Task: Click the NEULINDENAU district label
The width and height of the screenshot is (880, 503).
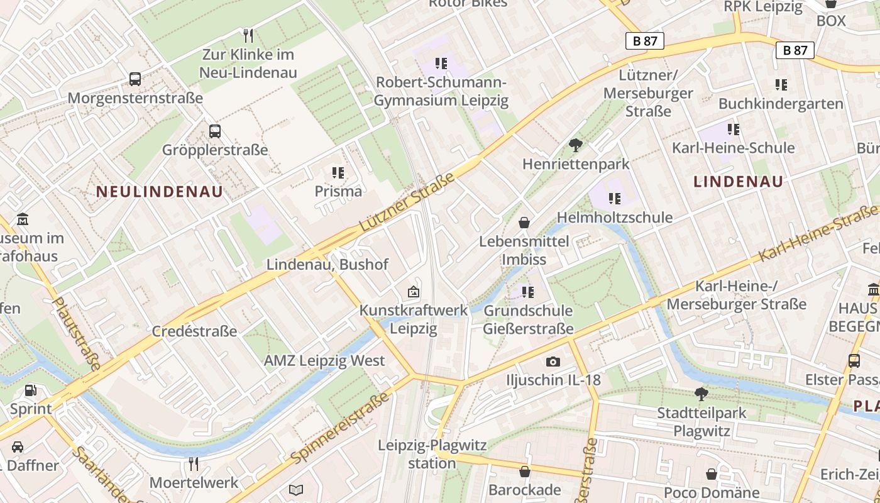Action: pos(160,192)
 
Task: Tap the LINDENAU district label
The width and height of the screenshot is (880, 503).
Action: pos(739,182)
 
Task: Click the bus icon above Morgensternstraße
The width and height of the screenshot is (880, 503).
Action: pos(135,79)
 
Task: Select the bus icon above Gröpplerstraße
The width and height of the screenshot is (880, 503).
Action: pos(215,131)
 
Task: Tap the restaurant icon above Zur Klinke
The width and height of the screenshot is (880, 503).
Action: pos(248,35)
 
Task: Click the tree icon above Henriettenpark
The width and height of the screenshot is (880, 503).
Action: pos(575,146)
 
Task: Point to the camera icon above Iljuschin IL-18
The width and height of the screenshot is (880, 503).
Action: pos(553,362)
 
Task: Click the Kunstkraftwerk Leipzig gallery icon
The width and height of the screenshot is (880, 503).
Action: pos(414,292)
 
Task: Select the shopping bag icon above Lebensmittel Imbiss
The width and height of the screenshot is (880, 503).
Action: pos(524,223)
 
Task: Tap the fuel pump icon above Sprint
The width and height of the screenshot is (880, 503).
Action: pos(30,390)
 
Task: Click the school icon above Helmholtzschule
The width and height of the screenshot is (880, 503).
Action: pos(614,199)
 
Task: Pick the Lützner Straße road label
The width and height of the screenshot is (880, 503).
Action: pos(407,203)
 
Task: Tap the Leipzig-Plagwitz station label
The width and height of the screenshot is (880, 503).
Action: pos(432,454)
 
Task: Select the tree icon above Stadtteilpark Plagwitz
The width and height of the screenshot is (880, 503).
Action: pos(701,394)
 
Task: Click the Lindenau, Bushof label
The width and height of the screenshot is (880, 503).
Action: pos(327,264)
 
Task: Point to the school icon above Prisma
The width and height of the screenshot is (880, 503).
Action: pos(338,172)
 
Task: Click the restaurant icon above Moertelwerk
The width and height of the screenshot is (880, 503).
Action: pos(194,464)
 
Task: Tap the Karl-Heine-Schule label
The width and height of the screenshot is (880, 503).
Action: pos(734,148)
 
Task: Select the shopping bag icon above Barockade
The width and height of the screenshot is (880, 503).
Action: pos(525,472)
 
